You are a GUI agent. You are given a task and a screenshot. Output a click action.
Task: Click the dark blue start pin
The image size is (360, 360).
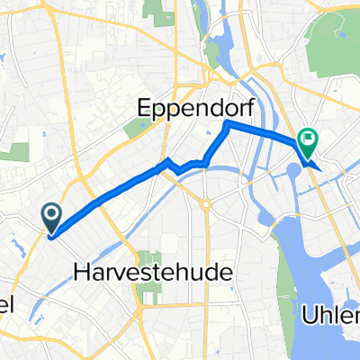pos(50,217)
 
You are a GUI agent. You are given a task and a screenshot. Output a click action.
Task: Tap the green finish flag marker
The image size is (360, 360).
pos(308,140)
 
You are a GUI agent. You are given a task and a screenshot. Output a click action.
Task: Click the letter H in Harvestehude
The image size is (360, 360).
pos(76,271)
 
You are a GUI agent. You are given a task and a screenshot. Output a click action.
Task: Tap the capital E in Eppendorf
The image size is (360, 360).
pos(145,109)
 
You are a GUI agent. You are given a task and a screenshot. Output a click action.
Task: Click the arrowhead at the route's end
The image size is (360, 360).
pos(311,166)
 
